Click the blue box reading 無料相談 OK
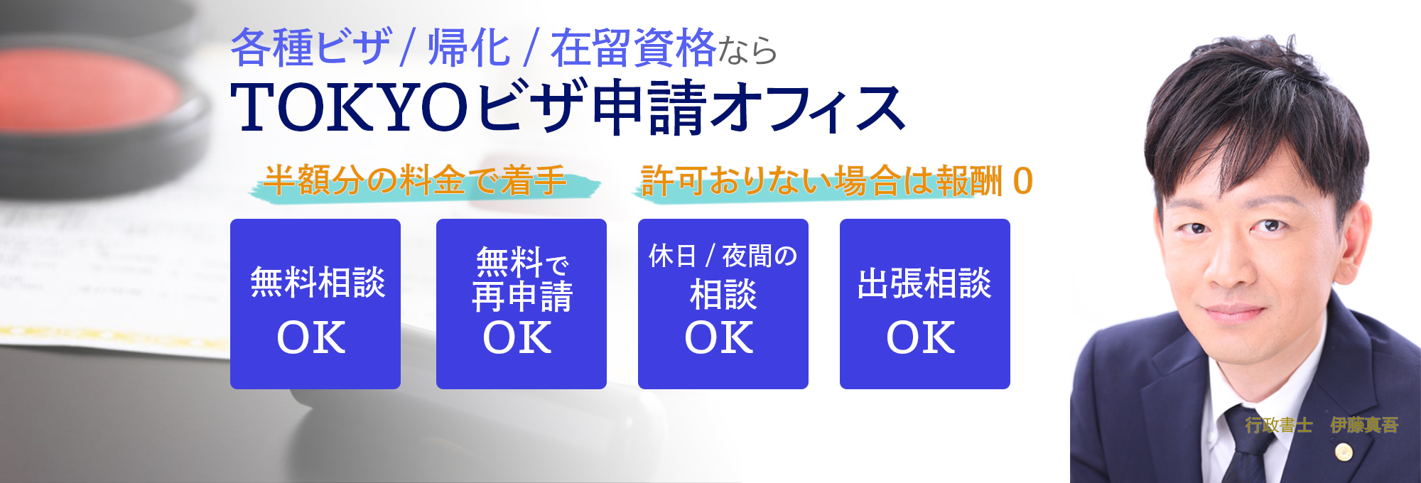point(315,304)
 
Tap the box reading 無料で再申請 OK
point(522,304)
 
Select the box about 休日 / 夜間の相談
point(723,304)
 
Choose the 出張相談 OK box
point(925,304)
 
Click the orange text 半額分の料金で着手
point(415,180)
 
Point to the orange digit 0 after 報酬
point(1022,180)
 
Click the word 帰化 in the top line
point(469,48)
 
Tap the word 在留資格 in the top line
point(633,48)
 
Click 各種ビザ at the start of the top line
point(311,48)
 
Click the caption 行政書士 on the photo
point(1278,425)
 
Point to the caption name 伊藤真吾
point(1364,425)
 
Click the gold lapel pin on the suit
point(1343,451)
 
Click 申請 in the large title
point(649,107)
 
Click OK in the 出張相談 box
point(921,337)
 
